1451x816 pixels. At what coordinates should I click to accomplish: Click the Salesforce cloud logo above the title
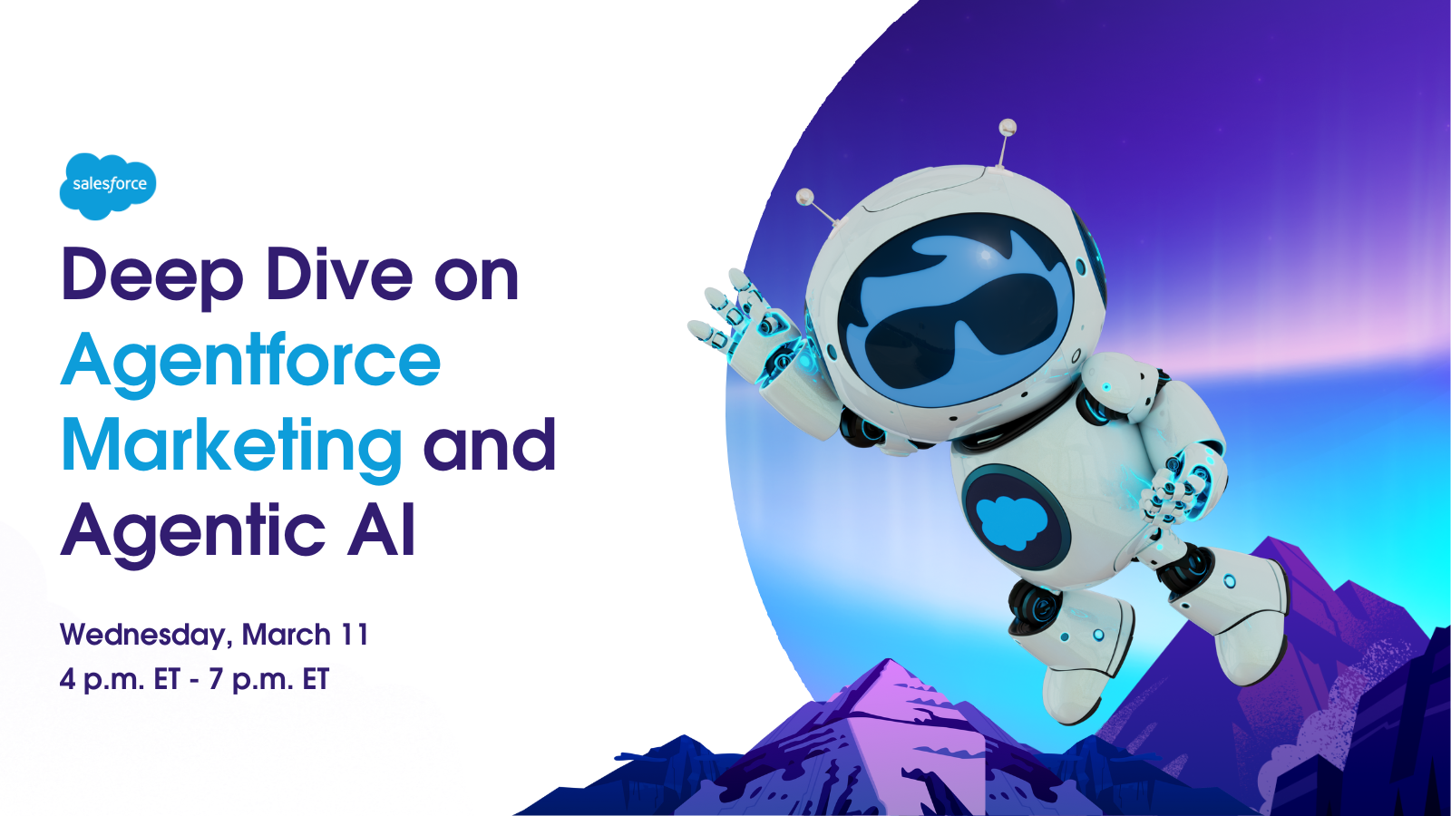pos(108,186)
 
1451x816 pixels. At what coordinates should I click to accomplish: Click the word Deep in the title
pos(151,276)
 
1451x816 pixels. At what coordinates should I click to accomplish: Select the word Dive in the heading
pos(340,274)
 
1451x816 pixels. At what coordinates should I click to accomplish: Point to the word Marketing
pos(231,447)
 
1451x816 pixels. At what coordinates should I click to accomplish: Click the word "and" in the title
pos(490,445)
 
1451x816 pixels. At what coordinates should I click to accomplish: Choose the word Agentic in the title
pos(192,531)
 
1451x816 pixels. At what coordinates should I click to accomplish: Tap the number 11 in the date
pos(355,635)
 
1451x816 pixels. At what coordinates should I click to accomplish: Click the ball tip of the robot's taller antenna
pos(1008,126)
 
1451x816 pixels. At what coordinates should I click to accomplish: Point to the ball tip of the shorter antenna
pos(804,197)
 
